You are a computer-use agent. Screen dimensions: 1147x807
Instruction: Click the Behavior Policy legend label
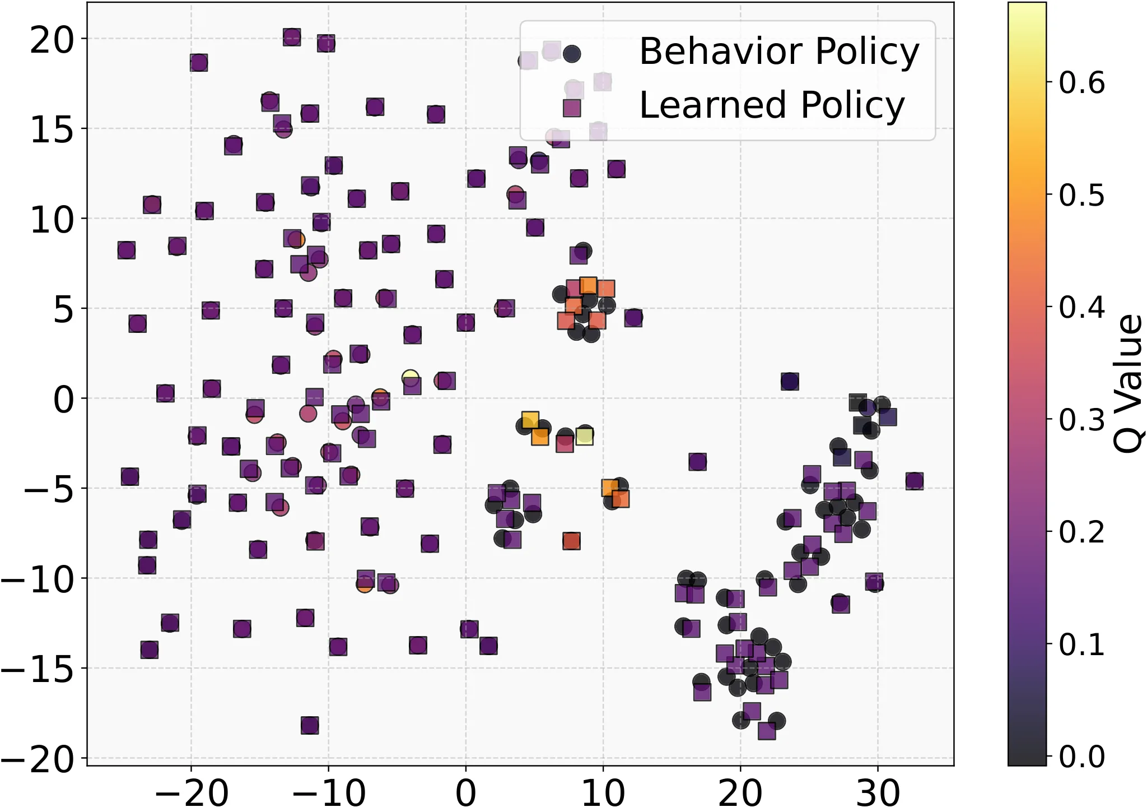(779, 52)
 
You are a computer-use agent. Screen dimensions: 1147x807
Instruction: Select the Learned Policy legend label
(772, 105)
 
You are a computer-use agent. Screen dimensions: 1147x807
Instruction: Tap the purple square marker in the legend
(572, 108)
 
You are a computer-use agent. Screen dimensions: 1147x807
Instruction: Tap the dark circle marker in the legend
(572, 54)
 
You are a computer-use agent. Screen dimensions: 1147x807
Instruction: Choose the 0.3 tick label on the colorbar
(1081, 420)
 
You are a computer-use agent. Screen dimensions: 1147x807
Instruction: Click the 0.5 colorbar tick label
(1081, 195)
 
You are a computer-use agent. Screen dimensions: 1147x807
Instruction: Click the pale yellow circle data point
(411, 377)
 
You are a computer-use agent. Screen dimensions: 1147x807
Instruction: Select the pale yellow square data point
(585, 436)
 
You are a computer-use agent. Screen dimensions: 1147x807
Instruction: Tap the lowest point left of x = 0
(310, 725)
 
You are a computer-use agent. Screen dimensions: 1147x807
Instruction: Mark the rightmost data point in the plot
(915, 481)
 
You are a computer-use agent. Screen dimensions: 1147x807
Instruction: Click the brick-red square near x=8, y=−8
(571, 541)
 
